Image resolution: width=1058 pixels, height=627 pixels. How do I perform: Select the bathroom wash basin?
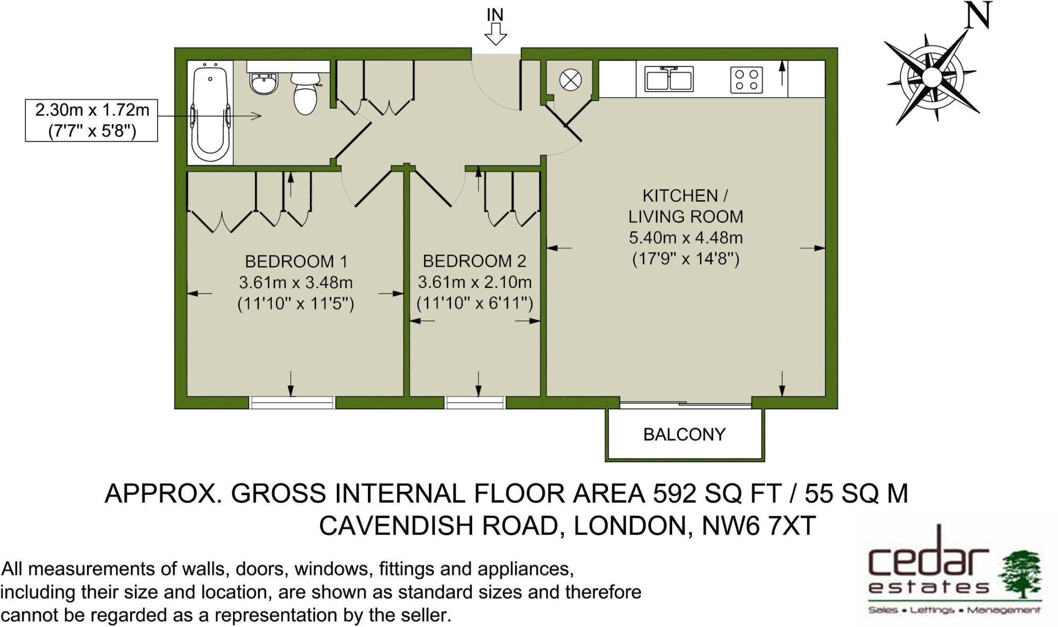tap(263, 83)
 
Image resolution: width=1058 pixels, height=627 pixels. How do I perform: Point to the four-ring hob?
tap(746, 80)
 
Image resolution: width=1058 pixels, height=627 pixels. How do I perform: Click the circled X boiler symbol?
tap(570, 80)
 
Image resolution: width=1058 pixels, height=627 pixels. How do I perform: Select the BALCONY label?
tap(684, 434)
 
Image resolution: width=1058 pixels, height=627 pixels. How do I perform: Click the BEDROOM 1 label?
tap(296, 262)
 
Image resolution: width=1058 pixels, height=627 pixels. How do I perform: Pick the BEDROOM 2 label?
tap(474, 261)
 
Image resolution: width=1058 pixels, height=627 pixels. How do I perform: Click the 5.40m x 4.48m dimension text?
tap(686, 238)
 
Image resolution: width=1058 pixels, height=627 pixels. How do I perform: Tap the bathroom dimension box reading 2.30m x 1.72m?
tap(91, 120)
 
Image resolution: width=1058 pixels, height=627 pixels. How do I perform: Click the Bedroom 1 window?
tap(292, 402)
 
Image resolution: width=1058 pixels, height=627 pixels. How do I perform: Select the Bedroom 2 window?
tap(475, 402)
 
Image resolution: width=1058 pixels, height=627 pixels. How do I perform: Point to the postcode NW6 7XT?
tap(758, 526)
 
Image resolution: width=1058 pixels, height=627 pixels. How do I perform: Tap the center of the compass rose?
tap(931, 78)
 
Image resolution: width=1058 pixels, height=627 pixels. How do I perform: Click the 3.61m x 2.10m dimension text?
tap(475, 282)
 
